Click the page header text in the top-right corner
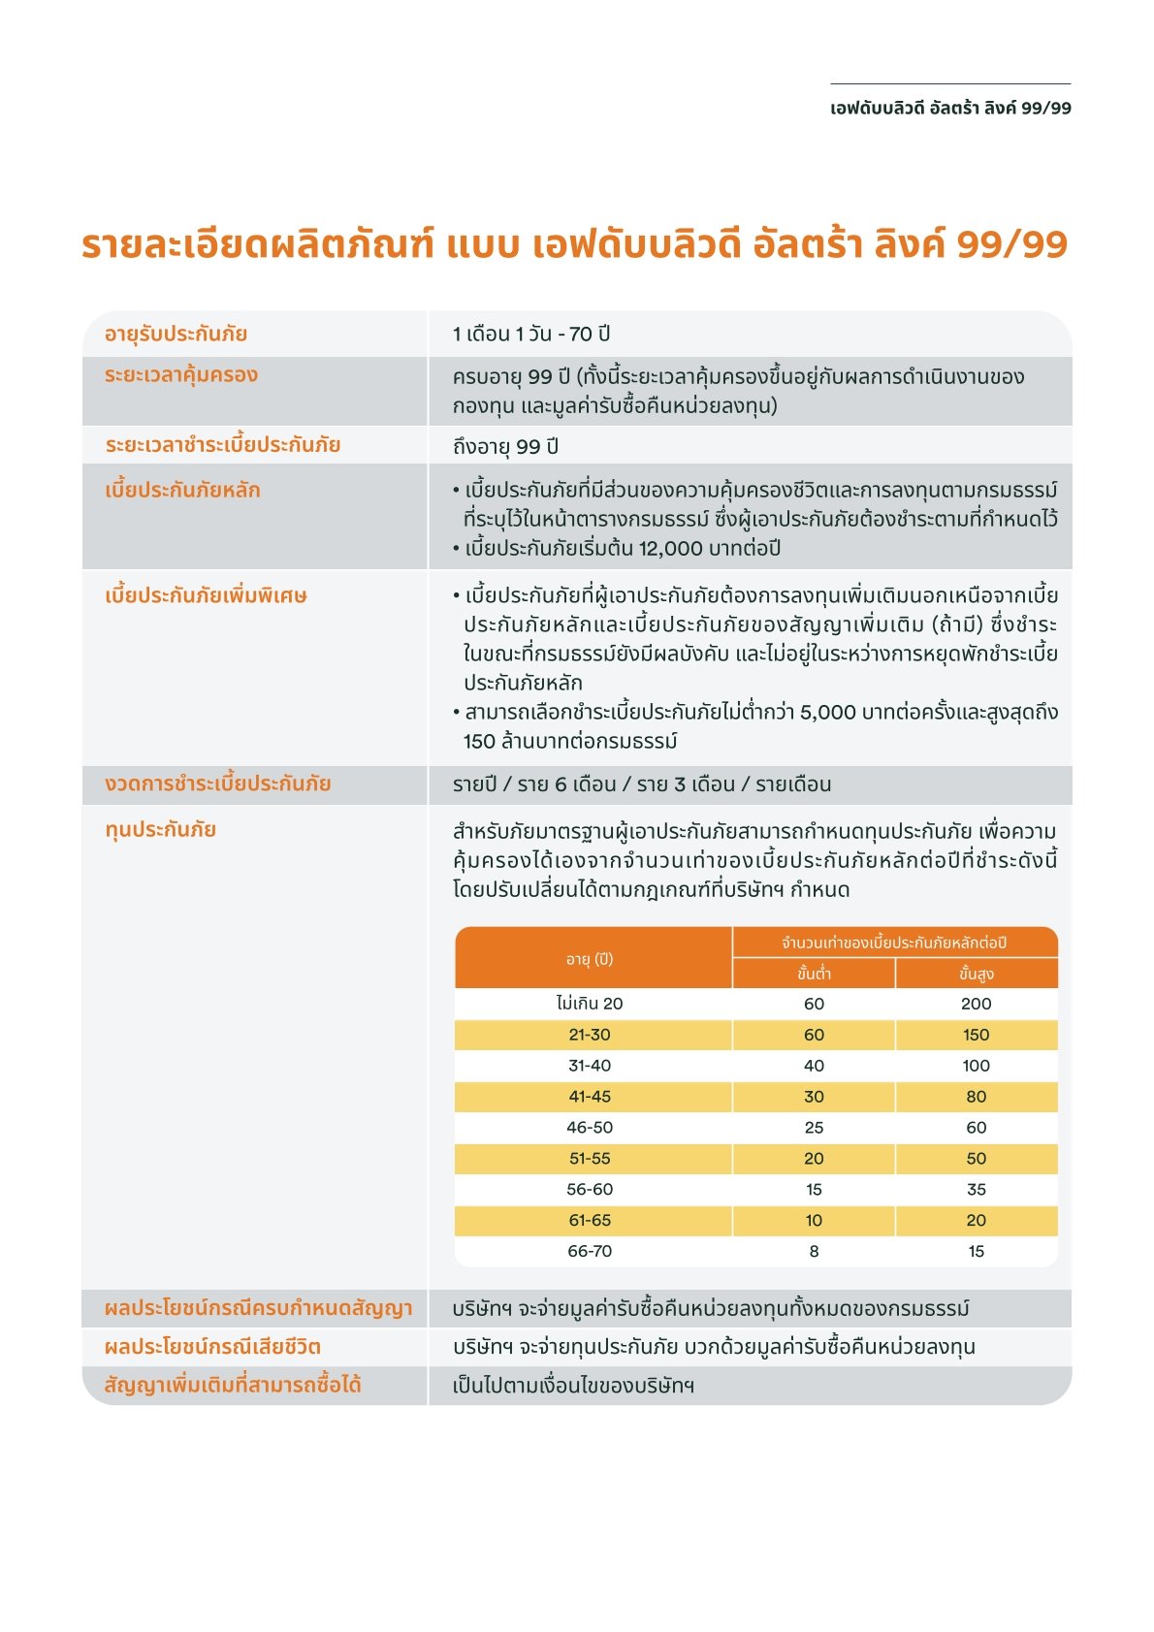click(x=950, y=109)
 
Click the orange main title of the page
click(x=574, y=244)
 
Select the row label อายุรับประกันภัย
click(x=176, y=335)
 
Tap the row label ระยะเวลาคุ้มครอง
click(x=181, y=375)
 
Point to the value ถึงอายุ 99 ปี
click(x=505, y=447)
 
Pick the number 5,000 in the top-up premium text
click(x=827, y=713)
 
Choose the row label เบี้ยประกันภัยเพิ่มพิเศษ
click(x=206, y=596)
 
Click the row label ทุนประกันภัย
click(x=160, y=830)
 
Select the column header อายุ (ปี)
click(x=590, y=959)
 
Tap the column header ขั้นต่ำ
click(x=814, y=974)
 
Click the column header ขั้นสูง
click(x=976, y=974)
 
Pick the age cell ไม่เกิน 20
click(x=590, y=1004)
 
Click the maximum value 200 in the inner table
click(x=976, y=1004)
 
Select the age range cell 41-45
click(x=590, y=1097)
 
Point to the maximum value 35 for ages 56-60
click(x=976, y=1190)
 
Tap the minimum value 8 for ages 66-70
click(x=814, y=1252)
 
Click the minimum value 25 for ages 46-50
click(x=814, y=1128)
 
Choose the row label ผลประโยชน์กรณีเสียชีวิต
click(x=212, y=1347)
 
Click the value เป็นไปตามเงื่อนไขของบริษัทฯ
click(x=573, y=1386)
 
